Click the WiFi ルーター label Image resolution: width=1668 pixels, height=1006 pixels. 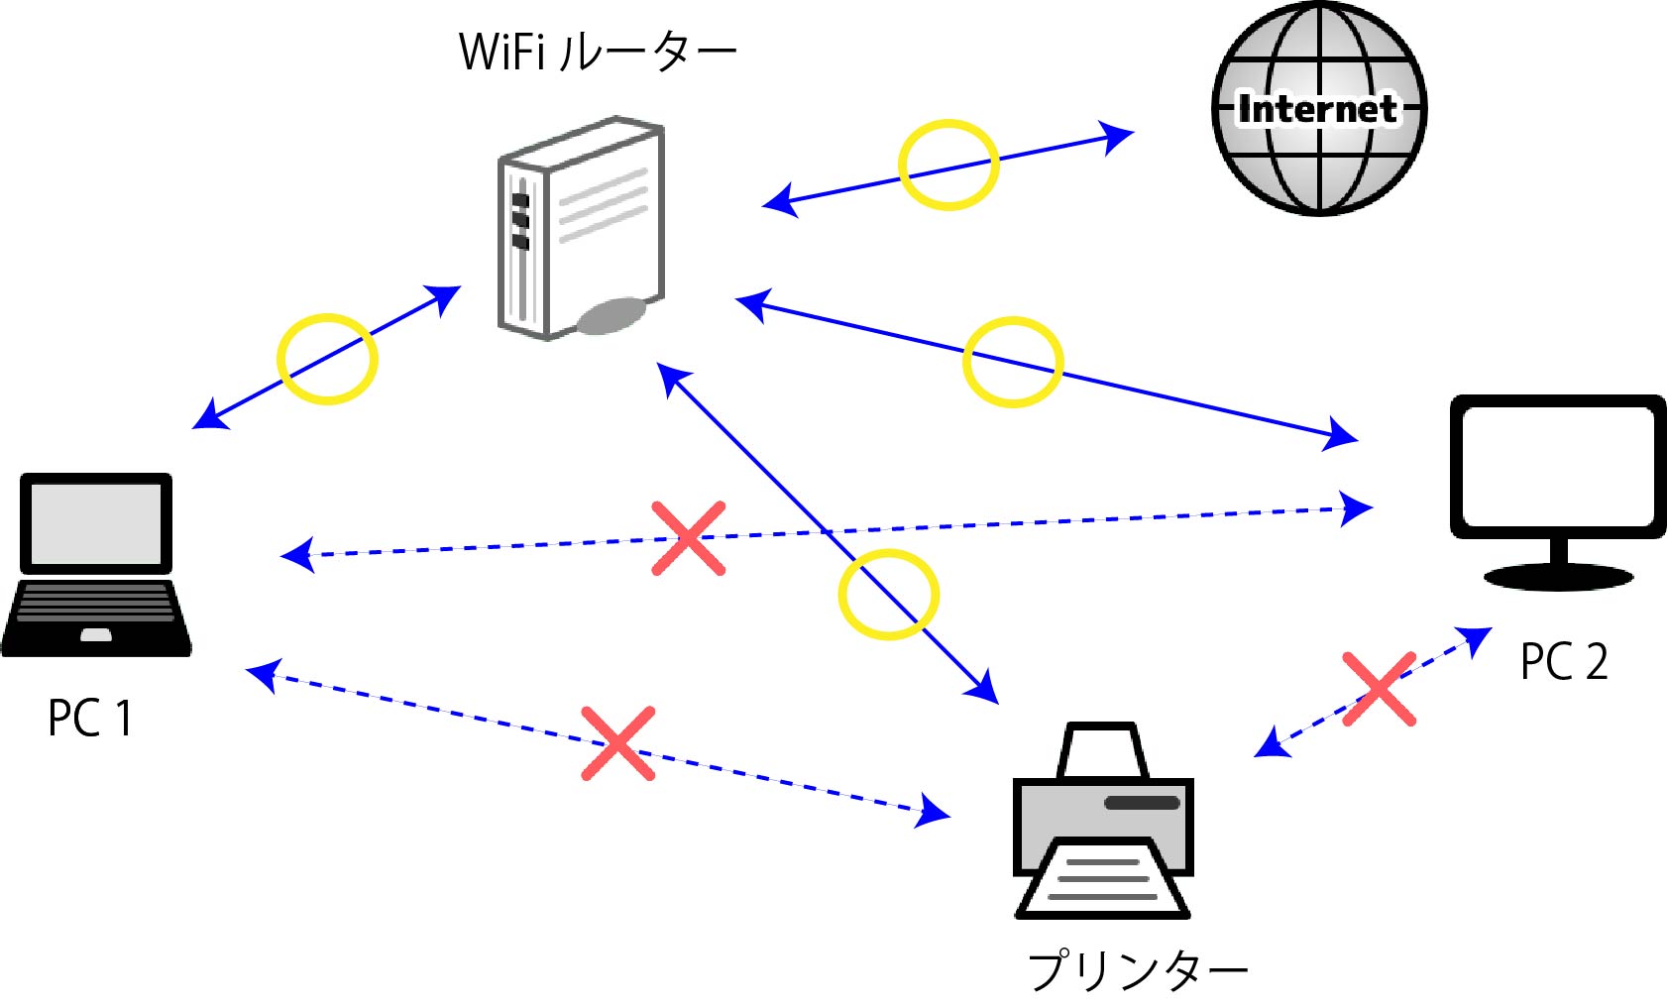pos(598,52)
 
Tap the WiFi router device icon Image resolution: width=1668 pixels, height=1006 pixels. pos(579,228)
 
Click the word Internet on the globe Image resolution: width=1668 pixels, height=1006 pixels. pos(1318,109)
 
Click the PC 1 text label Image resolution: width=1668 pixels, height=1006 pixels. pos(89,718)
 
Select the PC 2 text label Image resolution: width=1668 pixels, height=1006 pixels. pos(1564,661)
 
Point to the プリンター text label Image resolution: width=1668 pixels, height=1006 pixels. pos(1137,970)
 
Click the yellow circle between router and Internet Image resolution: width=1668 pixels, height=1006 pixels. pos(948,166)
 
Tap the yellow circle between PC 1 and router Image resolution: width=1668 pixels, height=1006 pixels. pos(327,359)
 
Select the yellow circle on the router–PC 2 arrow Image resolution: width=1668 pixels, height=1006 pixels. pos(1013,362)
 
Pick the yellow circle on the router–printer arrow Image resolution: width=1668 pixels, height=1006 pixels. pos(888,594)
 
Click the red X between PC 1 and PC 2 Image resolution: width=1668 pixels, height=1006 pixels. pos(689,538)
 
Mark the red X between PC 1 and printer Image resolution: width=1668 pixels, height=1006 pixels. pos(617,743)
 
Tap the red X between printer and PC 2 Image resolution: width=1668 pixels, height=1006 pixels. pos(1379,688)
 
